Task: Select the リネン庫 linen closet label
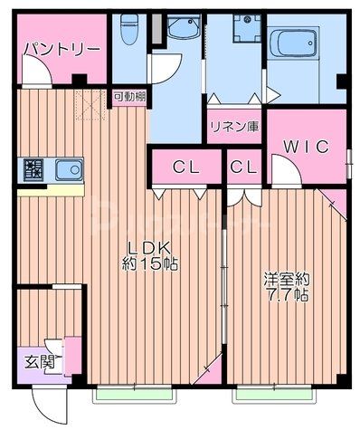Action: [232, 126]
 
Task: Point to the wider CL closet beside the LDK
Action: [185, 167]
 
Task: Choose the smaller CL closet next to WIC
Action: [242, 167]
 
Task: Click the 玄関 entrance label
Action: [39, 362]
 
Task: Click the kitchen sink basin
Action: [68, 168]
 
